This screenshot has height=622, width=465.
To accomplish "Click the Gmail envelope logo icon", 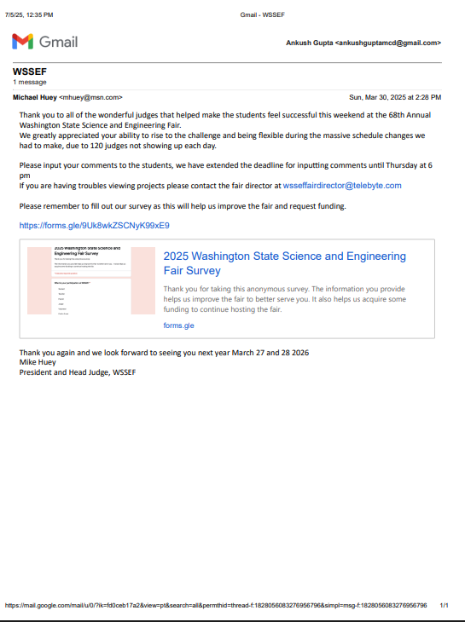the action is click(x=23, y=41).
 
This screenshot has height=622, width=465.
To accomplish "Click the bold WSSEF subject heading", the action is click(x=29, y=72).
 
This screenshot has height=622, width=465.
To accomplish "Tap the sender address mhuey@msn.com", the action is click(x=90, y=97).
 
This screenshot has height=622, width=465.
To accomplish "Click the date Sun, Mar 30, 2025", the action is click(x=383, y=97).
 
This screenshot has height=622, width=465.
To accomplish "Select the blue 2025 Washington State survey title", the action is click(x=284, y=263).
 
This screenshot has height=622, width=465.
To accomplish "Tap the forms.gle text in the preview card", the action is click(x=178, y=325).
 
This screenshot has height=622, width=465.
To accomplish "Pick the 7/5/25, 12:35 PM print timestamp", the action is click(x=29, y=15).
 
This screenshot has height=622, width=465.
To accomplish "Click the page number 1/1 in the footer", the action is click(x=444, y=606).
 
